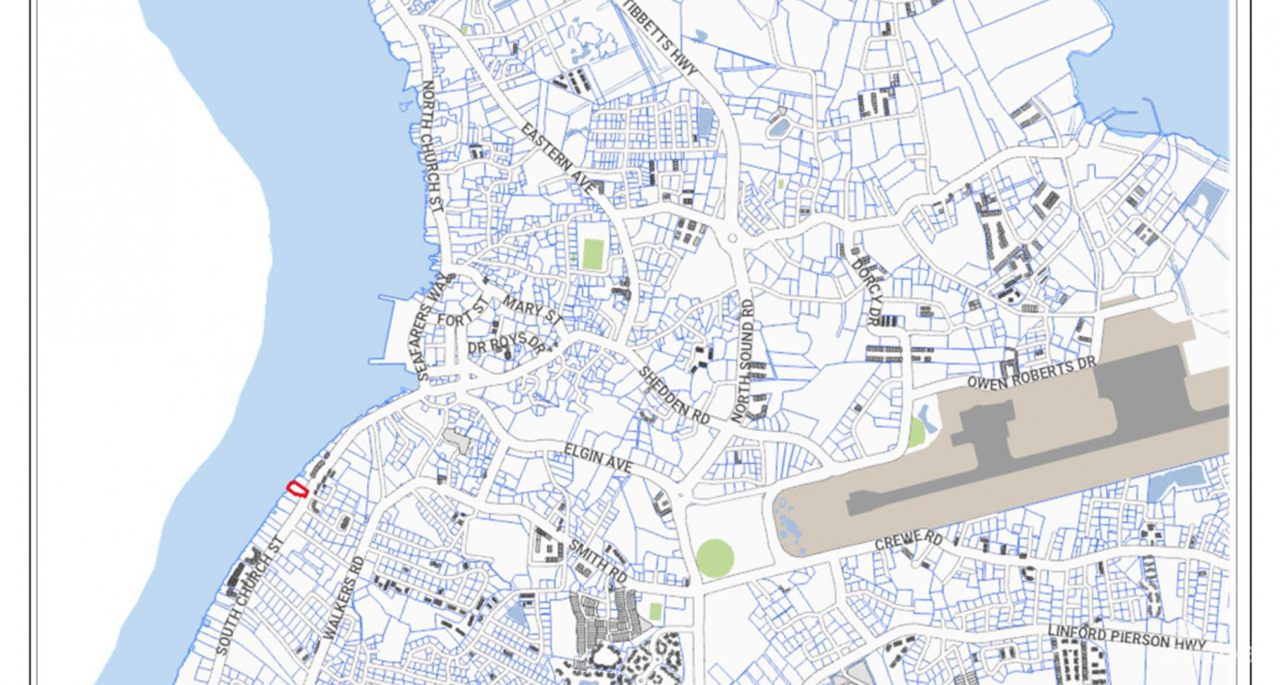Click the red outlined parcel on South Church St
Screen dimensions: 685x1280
pos(297,488)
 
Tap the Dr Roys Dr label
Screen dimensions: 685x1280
pos(506,346)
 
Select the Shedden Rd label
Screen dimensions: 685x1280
pos(674,395)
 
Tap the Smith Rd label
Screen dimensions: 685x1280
pos(599,560)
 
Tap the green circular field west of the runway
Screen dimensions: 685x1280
pos(715,558)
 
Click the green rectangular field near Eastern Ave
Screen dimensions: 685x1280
pos(592,254)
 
